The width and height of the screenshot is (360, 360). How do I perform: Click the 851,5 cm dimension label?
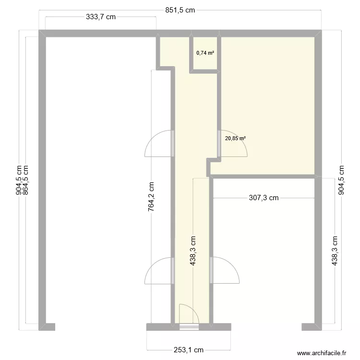pos(180,10)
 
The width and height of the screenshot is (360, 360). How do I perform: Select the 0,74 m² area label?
pos(205,53)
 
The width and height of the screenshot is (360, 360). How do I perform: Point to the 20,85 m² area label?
pos(235,138)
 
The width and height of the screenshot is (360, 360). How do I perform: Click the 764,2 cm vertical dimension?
pos(151,196)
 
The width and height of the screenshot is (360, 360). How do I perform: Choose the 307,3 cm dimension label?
pos(264,198)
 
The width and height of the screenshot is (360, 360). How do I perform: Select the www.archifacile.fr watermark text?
pos(322,353)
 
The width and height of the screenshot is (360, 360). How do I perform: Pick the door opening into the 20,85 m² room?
pos(232,144)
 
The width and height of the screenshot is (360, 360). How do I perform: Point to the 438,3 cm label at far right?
pos(335,250)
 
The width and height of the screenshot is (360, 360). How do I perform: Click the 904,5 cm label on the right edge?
pos(341,180)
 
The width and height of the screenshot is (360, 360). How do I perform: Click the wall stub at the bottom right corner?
pos(310,327)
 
